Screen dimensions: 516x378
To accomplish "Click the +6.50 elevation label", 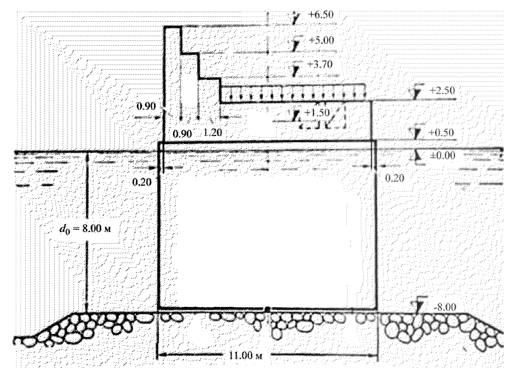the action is click(x=321, y=15).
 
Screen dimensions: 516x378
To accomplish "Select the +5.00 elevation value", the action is click(x=321, y=40).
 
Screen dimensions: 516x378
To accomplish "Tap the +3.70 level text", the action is click(x=321, y=64).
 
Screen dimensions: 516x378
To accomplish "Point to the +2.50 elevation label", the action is click(x=442, y=91).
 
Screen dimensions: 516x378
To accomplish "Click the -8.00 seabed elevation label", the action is click(x=445, y=307).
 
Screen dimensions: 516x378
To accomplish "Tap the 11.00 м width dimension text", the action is click(x=245, y=355).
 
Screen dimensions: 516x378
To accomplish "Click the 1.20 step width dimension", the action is click(x=213, y=132).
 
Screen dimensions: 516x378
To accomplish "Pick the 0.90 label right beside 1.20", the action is click(x=182, y=133).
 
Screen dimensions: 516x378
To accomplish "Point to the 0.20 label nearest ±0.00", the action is click(x=395, y=178).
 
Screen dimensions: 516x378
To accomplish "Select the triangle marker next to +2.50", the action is click(x=416, y=93).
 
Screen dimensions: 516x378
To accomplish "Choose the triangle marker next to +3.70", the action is click(x=295, y=70).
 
